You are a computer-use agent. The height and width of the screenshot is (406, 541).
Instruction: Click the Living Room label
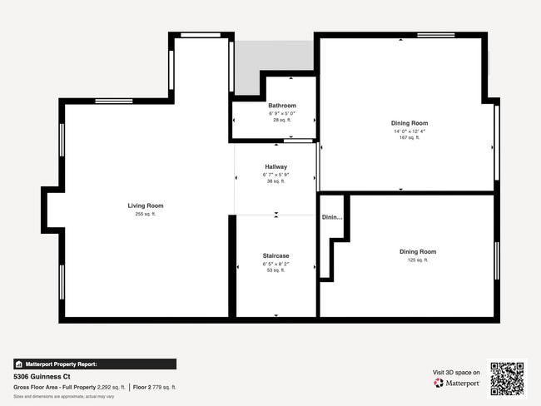pos(145,205)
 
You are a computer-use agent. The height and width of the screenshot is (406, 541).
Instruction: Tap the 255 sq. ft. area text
pos(145,214)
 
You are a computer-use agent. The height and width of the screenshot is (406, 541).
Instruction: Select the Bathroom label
pos(282,106)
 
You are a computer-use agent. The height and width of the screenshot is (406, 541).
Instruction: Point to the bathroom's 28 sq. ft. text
pos(282,120)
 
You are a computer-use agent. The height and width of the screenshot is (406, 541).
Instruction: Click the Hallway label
pos(275,166)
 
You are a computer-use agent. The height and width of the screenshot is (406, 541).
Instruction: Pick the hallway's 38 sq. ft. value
pos(275,181)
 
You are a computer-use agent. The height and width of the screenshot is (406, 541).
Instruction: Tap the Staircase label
pos(275,255)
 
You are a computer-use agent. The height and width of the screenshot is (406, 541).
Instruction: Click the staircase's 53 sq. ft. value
pos(275,270)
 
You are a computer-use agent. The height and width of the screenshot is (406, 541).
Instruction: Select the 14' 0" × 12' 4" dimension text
pos(409,131)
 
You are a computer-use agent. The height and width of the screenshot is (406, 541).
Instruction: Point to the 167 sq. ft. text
pos(409,137)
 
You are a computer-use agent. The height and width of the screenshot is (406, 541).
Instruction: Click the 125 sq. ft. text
pos(417,260)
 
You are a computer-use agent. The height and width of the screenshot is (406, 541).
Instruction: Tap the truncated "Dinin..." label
pos(332,217)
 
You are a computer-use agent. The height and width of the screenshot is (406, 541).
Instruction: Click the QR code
pos(507,379)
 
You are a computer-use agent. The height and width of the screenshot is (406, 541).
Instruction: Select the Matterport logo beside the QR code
pos(457,384)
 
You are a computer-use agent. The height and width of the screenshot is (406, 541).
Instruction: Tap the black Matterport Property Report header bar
pos(95,364)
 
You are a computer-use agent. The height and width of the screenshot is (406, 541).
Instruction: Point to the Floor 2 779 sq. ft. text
pos(155,387)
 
